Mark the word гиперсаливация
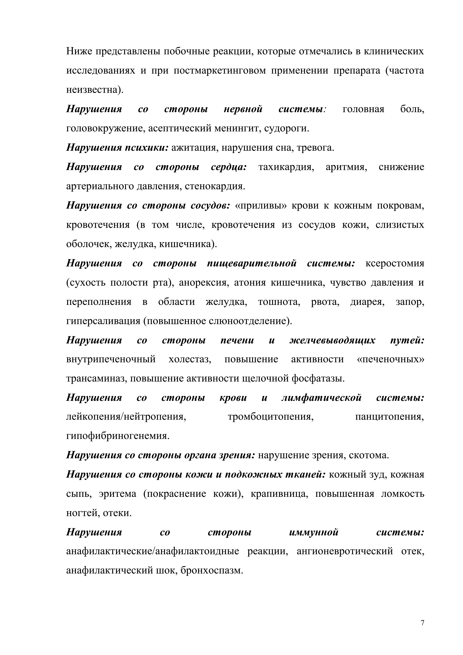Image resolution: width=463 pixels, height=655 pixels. click(x=103, y=321)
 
